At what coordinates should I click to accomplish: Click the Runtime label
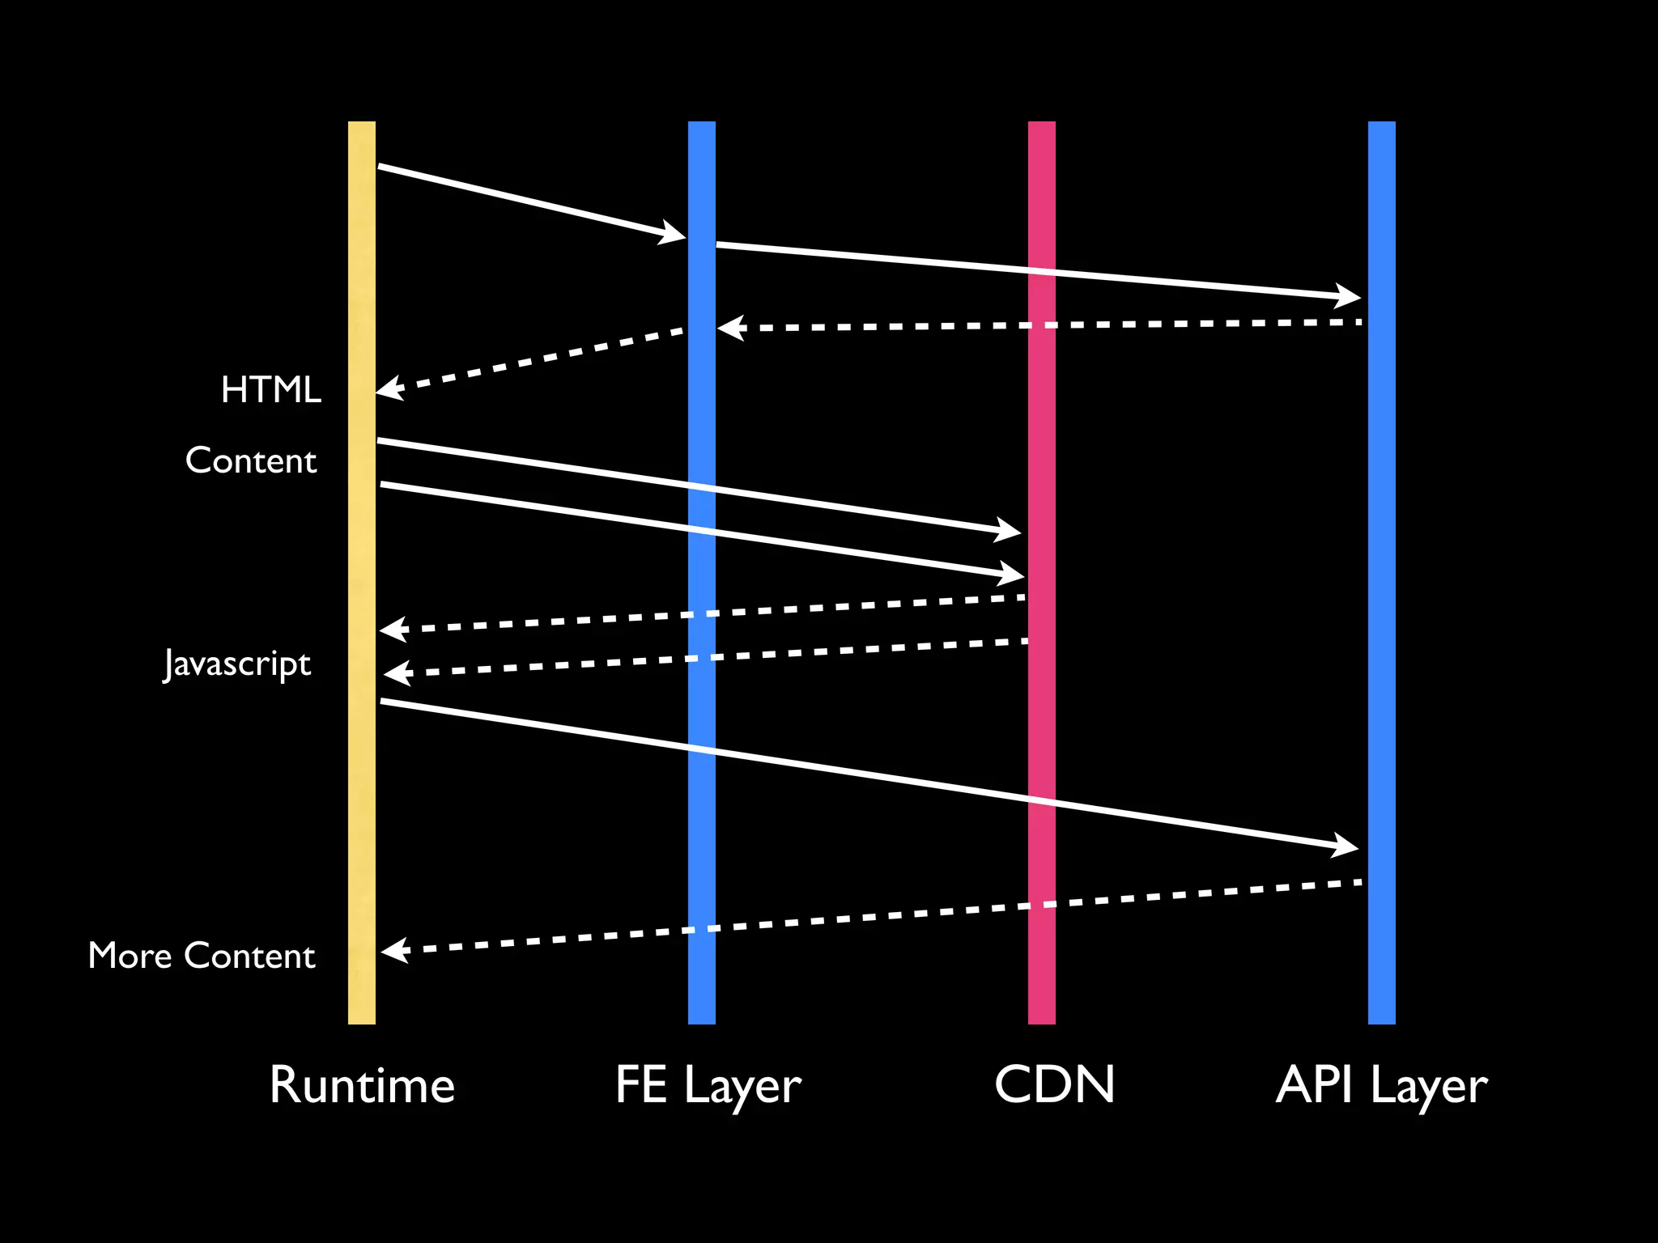(362, 1085)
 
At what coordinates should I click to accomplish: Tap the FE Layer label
(708, 1085)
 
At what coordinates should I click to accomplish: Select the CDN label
(1054, 1085)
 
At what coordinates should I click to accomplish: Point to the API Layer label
(1381, 1085)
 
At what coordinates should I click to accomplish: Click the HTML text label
(271, 390)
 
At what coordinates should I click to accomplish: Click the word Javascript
(237, 664)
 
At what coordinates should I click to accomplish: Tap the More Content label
(202, 956)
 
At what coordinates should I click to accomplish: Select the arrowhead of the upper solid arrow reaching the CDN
(1010, 531)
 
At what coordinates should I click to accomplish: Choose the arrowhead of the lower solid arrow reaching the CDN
(1013, 574)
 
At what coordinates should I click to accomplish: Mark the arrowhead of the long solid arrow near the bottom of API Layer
(1346, 846)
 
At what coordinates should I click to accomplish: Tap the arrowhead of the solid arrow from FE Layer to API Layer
(1349, 296)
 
